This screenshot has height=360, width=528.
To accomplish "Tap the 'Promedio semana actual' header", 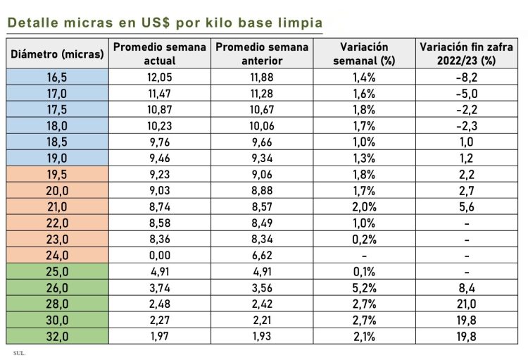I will (160, 54).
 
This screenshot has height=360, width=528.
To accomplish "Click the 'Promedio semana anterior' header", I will (262, 54).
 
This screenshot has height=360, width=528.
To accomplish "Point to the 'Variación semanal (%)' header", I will (364, 54).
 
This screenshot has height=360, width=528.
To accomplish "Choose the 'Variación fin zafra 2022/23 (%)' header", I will (467, 54).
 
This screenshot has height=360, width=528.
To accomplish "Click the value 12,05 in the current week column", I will (160, 76).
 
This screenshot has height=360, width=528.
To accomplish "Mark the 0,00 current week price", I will (160, 256).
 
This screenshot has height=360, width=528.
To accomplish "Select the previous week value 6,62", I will (262, 256).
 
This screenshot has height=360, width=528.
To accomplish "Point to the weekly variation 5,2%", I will (364, 288).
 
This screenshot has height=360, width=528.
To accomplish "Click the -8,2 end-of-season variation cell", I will (467, 76).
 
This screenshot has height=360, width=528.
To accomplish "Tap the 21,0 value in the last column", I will (467, 304).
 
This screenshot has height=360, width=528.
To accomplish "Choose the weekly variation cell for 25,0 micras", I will (364, 272).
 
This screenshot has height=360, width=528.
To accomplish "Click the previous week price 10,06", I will (262, 125).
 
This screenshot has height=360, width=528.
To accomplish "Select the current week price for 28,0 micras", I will (160, 304).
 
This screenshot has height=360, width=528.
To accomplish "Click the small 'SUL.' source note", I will (19, 352).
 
